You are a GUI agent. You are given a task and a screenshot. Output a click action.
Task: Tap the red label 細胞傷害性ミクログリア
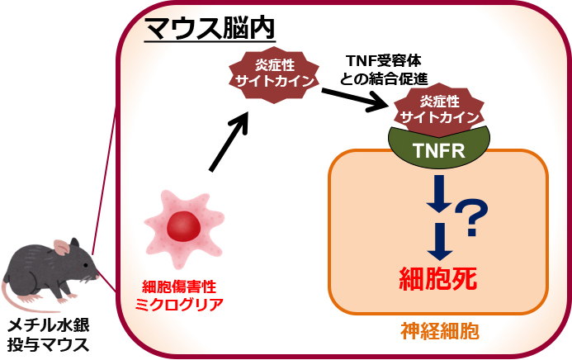179,295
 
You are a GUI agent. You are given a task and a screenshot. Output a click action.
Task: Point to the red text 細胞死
437,278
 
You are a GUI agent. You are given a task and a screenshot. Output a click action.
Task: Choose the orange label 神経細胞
437,332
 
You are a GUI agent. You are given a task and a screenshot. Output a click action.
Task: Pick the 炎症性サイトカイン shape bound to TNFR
439,108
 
